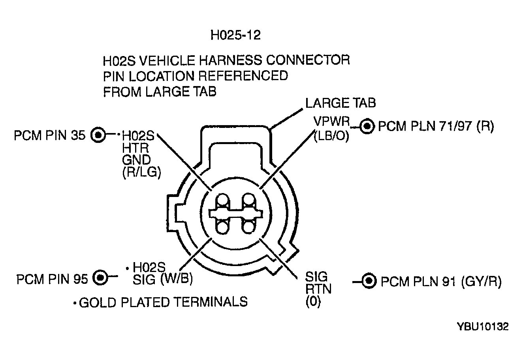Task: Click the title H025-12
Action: (235, 35)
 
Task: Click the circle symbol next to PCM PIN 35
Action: (98, 135)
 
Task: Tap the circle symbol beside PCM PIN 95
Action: (100, 277)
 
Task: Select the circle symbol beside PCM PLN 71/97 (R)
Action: (367, 126)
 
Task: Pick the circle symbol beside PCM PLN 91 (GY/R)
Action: (369, 281)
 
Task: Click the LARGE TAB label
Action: (341, 103)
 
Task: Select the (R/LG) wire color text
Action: (142, 174)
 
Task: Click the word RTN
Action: (318, 289)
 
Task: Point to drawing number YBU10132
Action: (482, 327)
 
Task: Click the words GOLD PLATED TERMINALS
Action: (163, 302)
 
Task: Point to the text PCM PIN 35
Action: (49, 135)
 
